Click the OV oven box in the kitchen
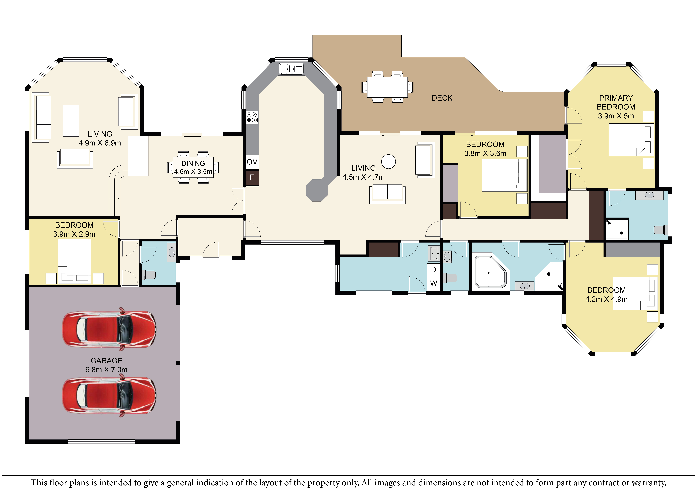pyautogui.click(x=252, y=162)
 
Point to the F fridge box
pyautogui.click(x=252, y=177)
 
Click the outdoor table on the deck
pyautogui.click(x=387, y=87)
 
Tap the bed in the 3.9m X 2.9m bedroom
pyautogui.click(x=75, y=261)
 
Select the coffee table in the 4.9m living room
pyautogui.click(x=71, y=121)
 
